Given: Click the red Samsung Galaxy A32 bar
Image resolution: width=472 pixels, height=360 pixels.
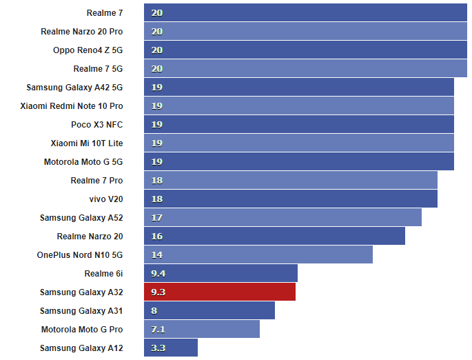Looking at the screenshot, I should pos(220,292).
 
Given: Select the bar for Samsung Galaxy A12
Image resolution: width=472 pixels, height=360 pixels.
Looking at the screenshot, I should pos(171,348).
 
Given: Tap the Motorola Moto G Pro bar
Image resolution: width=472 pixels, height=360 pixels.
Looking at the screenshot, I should pos(202,329).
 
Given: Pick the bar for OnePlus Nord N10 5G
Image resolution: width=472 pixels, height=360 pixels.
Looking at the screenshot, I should pos(258,254).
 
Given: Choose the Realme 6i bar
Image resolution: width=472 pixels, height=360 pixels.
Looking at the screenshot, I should pos(220,273).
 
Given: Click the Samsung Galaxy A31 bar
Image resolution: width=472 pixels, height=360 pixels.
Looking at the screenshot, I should pos(209,310).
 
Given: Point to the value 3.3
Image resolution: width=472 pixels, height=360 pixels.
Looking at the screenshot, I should pos(158,348).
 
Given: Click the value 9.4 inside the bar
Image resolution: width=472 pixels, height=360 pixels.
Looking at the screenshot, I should pos(158,273).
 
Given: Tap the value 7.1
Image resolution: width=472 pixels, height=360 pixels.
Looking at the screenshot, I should pos(158,329).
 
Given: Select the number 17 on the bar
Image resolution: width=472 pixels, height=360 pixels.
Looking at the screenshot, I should pos(157,217).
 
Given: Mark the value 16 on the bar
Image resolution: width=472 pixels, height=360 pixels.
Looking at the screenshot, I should pos(157,236).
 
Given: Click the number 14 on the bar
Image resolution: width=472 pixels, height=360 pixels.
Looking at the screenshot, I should pos(157,254).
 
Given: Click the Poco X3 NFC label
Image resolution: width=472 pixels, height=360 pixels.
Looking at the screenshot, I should pos(96,124).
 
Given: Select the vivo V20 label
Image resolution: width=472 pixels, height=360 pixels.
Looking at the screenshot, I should pos(106,199).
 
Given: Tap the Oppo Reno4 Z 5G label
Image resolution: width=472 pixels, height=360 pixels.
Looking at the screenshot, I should pos(88,50).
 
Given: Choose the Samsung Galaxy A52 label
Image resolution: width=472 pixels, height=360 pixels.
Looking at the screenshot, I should pos(81,217).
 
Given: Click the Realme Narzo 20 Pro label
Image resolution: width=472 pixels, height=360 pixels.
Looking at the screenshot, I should pos(81,31).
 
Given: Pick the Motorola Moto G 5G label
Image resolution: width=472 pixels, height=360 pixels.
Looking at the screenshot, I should pos(83,161).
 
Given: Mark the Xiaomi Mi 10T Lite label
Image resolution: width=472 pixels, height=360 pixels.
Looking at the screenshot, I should pos(86,143).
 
